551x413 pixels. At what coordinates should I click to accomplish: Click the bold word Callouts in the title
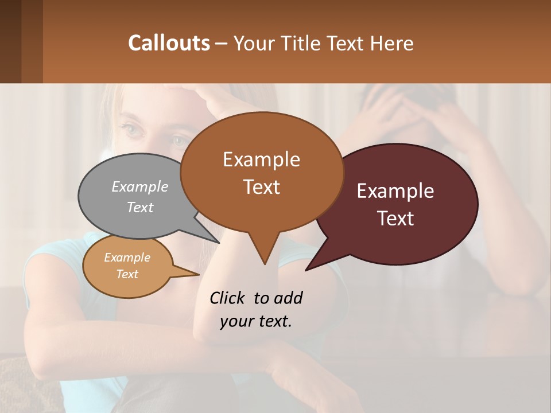(x=169, y=43)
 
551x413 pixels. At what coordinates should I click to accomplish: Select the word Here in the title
(x=391, y=43)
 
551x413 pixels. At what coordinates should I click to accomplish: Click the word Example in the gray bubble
(x=140, y=186)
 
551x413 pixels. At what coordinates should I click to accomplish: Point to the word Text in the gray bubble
(x=140, y=207)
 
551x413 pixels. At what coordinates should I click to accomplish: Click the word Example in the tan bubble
(x=127, y=258)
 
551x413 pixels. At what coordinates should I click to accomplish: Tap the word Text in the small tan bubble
(x=127, y=274)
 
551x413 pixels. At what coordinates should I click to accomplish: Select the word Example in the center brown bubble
(x=261, y=159)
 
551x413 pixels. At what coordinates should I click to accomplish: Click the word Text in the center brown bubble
(x=261, y=187)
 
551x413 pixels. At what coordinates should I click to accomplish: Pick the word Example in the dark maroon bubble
(x=395, y=191)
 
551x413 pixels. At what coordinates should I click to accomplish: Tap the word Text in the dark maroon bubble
(x=395, y=219)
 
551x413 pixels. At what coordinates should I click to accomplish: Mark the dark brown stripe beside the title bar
(x=32, y=41)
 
